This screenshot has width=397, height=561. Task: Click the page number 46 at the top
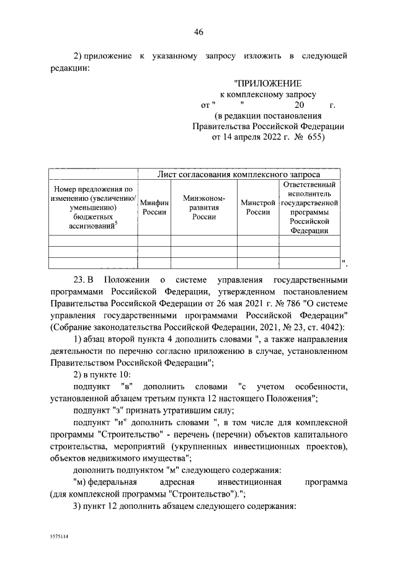point(198,33)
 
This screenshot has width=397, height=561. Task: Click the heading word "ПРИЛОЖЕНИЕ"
point(267,83)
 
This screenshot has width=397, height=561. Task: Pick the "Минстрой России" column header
point(259,207)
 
